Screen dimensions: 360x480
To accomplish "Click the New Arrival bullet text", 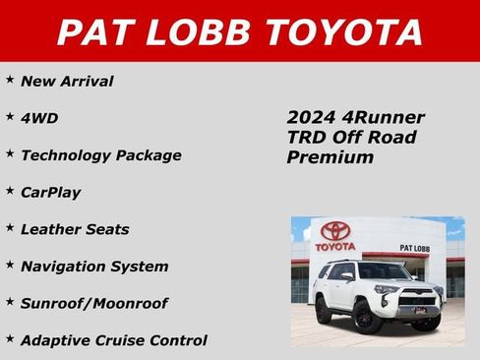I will (x=67, y=81).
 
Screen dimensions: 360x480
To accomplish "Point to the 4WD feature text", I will (x=39, y=118).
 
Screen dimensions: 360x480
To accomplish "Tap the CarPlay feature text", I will (x=51, y=193).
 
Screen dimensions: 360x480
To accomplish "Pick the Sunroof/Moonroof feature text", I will (x=94, y=304).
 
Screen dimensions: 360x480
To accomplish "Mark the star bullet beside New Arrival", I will (x=9, y=79).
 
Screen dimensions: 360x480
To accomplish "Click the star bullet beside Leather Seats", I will (x=9, y=227).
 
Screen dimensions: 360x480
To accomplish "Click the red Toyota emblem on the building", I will (x=335, y=232).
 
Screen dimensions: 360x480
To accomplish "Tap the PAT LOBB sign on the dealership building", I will (x=414, y=249).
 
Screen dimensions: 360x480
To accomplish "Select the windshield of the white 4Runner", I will (x=383, y=271).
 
